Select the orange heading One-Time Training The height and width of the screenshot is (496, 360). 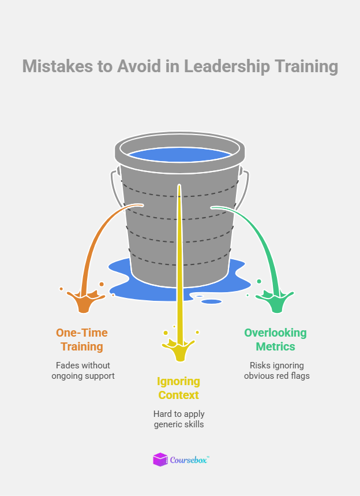pyautogui.click(x=81, y=340)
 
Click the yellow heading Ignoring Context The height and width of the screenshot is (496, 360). pyautogui.click(x=178, y=388)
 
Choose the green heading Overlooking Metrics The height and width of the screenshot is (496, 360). pyautogui.click(x=275, y=340)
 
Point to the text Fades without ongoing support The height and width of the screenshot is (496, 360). pyautogui.click(x=83, y=370)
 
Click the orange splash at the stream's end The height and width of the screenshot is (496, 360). pyautogui.click(x=84, y=302)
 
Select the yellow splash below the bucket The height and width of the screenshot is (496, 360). pyautogui.click(x=179, y=350)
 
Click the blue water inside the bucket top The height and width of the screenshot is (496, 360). pyautogui.click(x=179, y=155)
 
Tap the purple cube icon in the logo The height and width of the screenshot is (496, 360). pyautogui.click(x=160, y=460)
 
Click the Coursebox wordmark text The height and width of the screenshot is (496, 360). pyautogui.click(x=189, y=460)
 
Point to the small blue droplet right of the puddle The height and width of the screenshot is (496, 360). pyautogui.click(x=212, y=301)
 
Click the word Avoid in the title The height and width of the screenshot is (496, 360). pyautogui.click(x=136, y=66)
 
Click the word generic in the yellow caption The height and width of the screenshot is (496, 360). pyautogui.click(x=170, y=424)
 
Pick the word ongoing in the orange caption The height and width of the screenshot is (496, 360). pyautogui.click(x=71, y=376)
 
